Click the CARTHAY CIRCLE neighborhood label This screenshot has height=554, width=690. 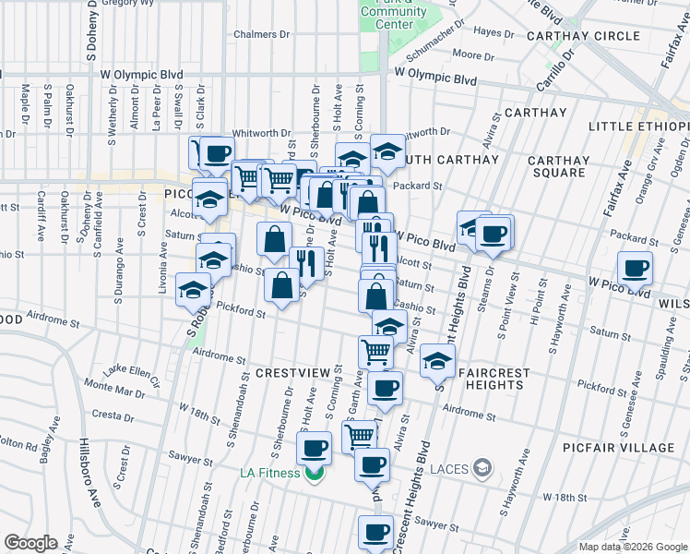[582, 36]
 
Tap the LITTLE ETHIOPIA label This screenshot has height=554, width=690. [638, 126]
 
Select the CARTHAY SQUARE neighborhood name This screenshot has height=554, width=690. [558, 166]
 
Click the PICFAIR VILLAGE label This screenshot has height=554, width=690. [619, 448]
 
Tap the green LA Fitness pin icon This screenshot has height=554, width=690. [315, 474]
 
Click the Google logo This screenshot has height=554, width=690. [30, 543]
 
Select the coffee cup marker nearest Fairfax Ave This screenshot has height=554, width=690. [636, 270]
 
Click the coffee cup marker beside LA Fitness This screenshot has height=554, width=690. [314, 449]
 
